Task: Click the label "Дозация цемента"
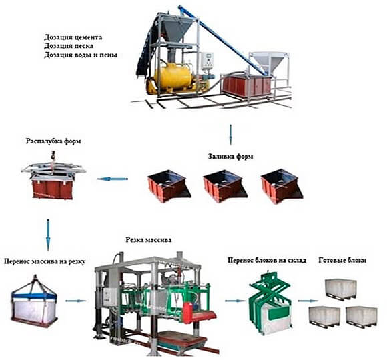pyautogui.click(x=73, y=37)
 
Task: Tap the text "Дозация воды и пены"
pyautogui.click(x=81, y=55)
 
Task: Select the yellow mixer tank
pyautogui.click(x=173, y=75)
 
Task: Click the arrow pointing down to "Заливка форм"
pyautogui.click(x=230, y=135)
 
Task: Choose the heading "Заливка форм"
pyautogui.click(x=230, y=156)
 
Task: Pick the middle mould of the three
pyautogui.click(x=225, y=185)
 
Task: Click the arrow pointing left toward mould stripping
pyautogui.click(x=113, y=179)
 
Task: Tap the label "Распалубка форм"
pyautogui.click(x=53, y=141)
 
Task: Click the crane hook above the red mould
pyautogui.click(x=53, y=156)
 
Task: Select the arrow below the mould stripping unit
pyautogui.click(x=48, y=235)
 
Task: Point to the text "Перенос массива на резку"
pyautogui.click(x=45, y=261)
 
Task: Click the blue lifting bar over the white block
pyautogui.click(x=34, y=295)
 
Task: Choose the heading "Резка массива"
pyautogui.click(x=149, y=239)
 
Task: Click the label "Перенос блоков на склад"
pyautogui.click(x=267, y=260)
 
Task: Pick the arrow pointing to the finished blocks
pyautogui.click(x=308, y=301)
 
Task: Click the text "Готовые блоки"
pyautogui.click(x=342, y=260)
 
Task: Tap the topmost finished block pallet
pyautogui.click(x=340, y=289)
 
